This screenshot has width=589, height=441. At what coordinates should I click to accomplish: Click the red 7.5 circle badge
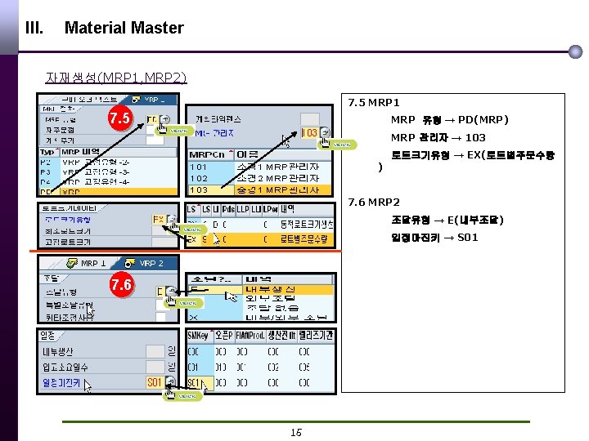coord(120,120)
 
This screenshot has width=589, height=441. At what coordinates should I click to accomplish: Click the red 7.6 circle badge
coord(121,285)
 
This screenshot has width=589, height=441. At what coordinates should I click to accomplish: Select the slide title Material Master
coord(124,28)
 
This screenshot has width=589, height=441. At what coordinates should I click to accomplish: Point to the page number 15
coord(296,431)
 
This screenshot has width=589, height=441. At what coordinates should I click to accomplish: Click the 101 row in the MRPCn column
coord(199,167)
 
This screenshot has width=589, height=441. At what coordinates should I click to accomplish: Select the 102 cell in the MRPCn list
coord(199,178)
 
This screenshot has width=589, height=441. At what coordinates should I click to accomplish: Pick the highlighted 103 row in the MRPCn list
coord(199,189)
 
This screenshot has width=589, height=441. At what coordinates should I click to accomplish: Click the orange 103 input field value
coord(310,132)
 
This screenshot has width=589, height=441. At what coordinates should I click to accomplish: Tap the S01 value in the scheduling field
coord(154,381)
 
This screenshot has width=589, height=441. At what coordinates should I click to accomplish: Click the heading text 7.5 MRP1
coord(373,103)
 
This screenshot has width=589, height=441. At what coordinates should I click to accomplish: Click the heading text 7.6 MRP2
coord(373,202)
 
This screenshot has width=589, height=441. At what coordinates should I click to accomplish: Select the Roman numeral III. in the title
coord(34,28)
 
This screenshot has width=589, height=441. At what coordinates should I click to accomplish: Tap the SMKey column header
coord(198,335)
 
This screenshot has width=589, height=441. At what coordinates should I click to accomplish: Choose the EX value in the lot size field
coord(158,219)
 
